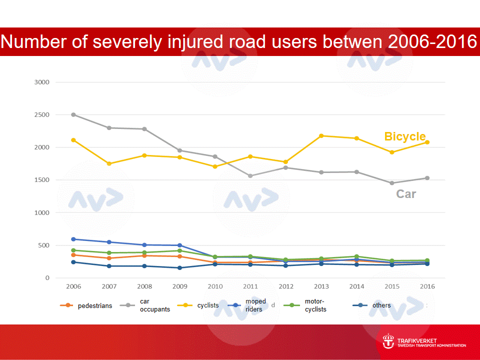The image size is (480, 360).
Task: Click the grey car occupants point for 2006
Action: click(x=73, y=114)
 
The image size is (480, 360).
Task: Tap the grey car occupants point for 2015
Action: click(x=392, y=183)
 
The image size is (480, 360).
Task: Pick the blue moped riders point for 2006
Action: click(x=73, y=239)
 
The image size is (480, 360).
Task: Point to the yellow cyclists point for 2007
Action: click(x=109, y=163)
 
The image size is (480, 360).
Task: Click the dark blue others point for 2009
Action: click(x=179, y=268)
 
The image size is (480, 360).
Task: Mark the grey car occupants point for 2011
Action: click(x=250, y=176)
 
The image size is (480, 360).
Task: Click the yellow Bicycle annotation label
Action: click(x=404, y=136)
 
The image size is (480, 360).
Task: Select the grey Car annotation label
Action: click(x=406, y=194)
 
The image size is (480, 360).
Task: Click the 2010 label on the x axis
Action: click(x=215, y=286)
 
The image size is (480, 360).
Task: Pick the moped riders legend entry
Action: click(x=255, y=305)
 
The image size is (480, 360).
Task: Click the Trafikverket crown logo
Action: click(x=388, y=342)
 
